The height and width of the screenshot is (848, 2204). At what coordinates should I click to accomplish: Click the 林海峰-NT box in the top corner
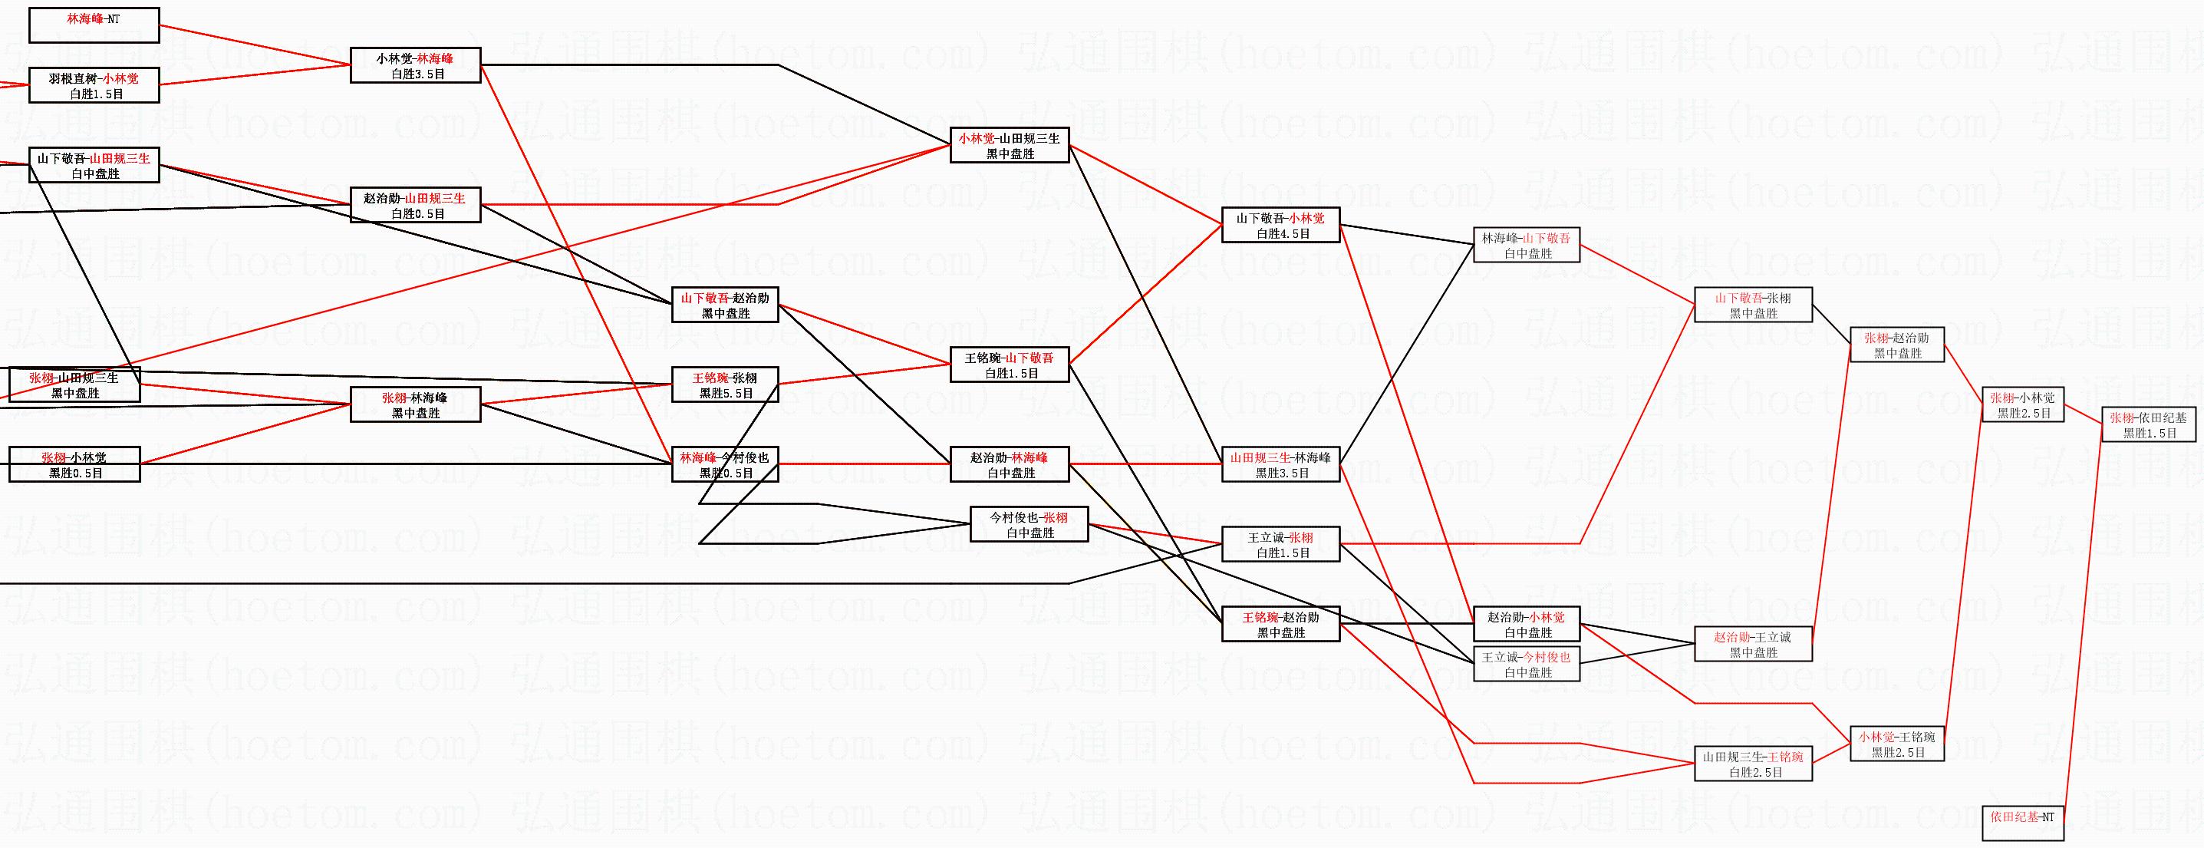click(94, 25)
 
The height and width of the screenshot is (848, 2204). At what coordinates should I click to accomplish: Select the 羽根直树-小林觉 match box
click(94, 86)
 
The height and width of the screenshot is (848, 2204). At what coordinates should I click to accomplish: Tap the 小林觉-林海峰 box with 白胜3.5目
click(415, 66)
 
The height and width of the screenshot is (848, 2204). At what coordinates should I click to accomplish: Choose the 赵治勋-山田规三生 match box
click(415, 206)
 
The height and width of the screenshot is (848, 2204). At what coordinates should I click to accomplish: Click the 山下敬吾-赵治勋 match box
click(725, 305)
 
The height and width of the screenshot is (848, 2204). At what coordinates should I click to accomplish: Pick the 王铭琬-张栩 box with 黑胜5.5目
click(725, 385)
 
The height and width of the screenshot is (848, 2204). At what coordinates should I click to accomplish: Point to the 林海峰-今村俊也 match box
click(725, 464)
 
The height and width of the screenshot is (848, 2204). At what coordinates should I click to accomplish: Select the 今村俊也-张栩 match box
click(1029, 525)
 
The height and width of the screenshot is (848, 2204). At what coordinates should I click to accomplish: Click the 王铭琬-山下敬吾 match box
click(1010, 365)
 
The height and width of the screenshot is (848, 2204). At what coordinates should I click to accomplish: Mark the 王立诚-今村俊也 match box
click(1527, 664)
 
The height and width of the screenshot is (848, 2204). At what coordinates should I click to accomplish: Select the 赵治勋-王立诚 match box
click(1753, 645)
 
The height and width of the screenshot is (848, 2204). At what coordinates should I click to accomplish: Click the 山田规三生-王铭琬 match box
click(1753, 764)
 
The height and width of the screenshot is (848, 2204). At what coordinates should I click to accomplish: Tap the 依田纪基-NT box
click(2023, 823)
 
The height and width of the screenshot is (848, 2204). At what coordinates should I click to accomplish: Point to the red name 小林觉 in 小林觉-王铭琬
click(1876, 737)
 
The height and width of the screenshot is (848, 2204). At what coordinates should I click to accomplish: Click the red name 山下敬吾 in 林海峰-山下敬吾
click(1546, 238)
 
